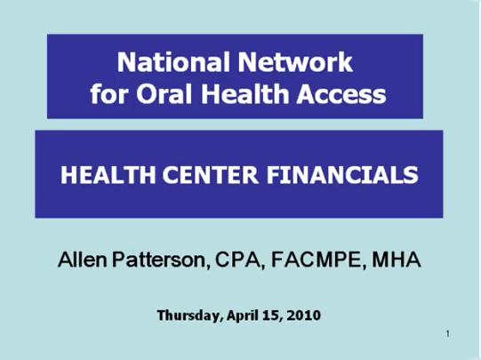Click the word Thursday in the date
[189, 315]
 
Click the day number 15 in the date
[274, 315]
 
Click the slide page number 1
[448, 334]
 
